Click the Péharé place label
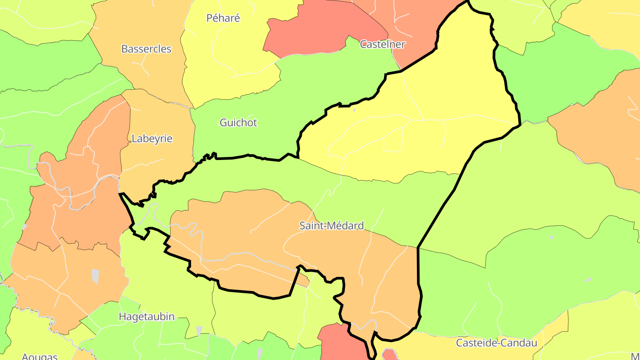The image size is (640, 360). tap(223, 18)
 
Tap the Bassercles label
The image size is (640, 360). tap(146, 49)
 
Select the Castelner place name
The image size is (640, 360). tap(382, 44)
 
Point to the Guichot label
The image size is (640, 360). tap(238, 123)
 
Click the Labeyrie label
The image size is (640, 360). tap(152, 139)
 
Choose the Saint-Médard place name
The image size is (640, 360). tap(332, 226)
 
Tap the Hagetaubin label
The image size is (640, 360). tap(147, 317)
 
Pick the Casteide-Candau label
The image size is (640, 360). tap(496, 343)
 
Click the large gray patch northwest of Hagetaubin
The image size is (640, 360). tap(95, 276)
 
